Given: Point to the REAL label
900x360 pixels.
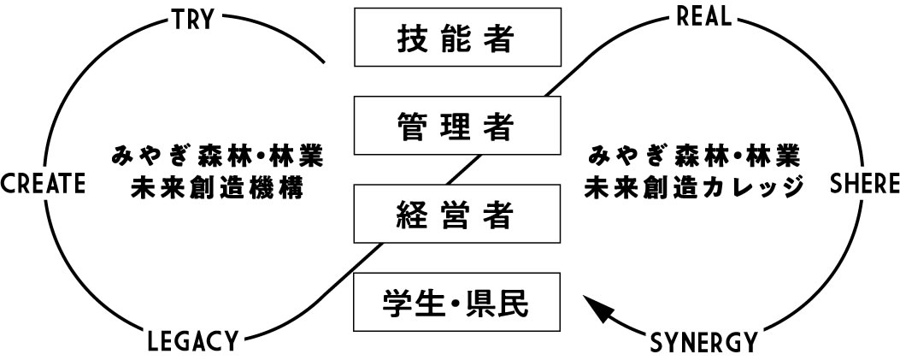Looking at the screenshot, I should [x=703, y=18].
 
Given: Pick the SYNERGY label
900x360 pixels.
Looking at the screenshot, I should [x=703, y=342].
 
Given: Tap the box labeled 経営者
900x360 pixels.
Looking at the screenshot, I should [x=458, y=214].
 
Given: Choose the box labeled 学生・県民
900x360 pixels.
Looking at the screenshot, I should [x=458, y=301].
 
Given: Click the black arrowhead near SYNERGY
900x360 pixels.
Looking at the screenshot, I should [x=596, y=307].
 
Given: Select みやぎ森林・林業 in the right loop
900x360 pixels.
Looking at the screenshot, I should [x=693, y=158].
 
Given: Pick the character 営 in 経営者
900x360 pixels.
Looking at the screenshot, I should [x=458, y=215].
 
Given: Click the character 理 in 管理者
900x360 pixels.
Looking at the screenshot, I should [x=458, y=127].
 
